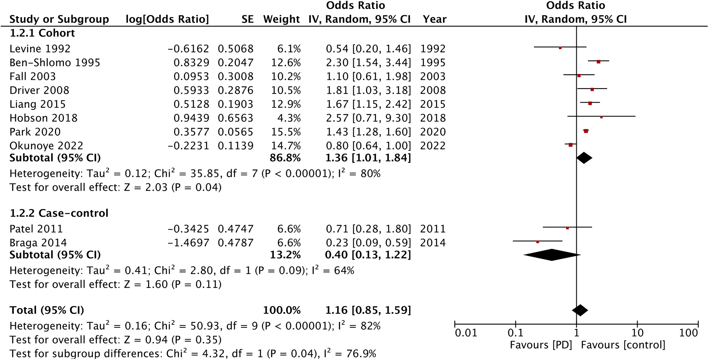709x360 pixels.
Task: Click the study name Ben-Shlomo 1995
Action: pyautogui.click(x=55, y=63)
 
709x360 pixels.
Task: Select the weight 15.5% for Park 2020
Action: pyautogui.click(x=286, y=132)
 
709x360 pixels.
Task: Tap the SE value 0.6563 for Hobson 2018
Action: pyautogui.click(x=235, y=118)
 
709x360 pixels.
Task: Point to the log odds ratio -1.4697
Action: pyautogui.click(x=188, y=243)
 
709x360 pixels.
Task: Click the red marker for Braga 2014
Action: pyautogui.click(x=537, y=242)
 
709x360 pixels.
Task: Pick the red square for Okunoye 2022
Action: pyautogui.click(x=570, y=145)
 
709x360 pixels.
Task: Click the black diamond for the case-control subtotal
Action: pyautogui.click(x=552, y=255)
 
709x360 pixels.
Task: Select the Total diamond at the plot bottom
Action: pyautogui.click(x=580, y=310)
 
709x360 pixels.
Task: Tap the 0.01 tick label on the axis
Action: pyautogui.click(x=466, y=333)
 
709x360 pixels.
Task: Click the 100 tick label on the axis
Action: pyautogui.click(x=688, y=333)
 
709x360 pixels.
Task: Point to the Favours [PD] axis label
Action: pyautogui.click(x=541, y=345)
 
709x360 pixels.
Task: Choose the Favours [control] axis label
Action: pyautogui.click(x=623, y=345)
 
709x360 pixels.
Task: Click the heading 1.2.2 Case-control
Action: pyautogui.click(x=59, y=213)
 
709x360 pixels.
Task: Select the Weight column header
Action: pyautogui.click(x=281, y=19)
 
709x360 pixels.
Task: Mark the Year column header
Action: pyautogui.click(x=434, y=19)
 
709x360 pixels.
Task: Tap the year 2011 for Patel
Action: pyautogui.click(x=433, y=229)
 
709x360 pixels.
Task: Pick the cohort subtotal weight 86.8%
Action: pyautogui.click(x=285, y=158)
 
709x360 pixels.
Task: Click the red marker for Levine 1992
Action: pyautogui.click(x=560, y=48)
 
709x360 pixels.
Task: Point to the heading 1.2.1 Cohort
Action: pyautogui.click(x=42, y=33)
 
